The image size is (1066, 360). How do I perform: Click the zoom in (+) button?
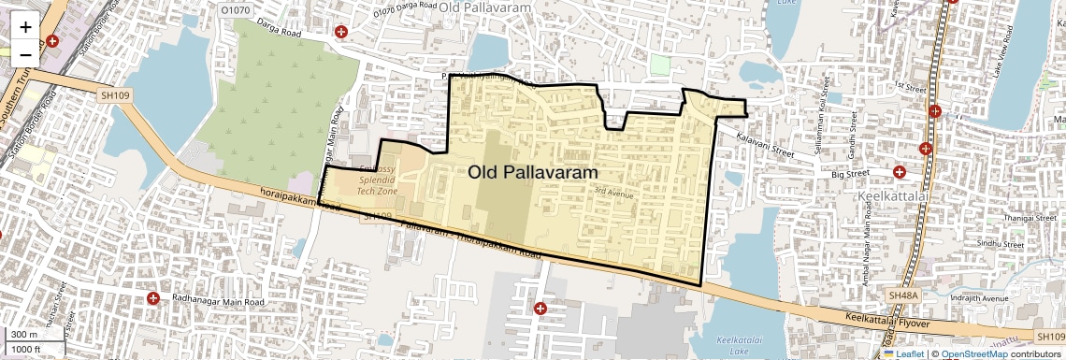25,26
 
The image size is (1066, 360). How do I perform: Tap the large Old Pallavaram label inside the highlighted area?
533,172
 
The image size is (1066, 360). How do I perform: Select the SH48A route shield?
903,295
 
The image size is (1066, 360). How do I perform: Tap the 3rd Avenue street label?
614,194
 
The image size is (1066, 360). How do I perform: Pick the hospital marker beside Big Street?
900,172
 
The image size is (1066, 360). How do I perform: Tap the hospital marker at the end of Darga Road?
341,32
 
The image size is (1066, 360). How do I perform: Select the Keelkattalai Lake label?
729,347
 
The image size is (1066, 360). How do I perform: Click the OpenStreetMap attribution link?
974,353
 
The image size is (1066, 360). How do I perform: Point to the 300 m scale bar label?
23,335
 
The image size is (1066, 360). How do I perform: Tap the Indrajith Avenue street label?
987,300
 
